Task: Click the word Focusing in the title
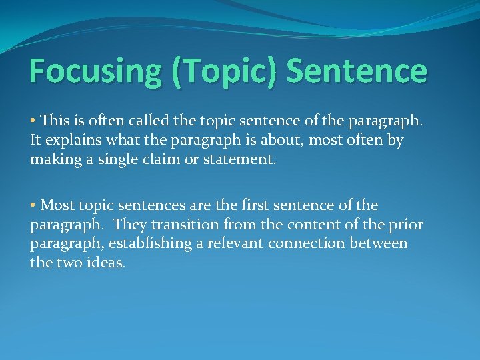95,71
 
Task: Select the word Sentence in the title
357,71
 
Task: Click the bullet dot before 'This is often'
33,121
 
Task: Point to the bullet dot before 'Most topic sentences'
33,205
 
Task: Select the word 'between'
381,244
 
